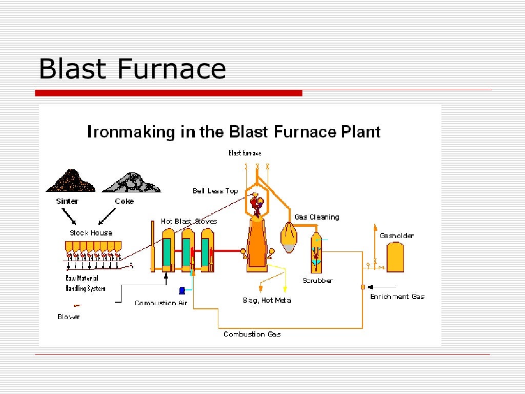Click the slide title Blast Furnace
click(132, 69)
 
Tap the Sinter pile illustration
click(70, 182)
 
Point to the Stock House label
click(91, 233)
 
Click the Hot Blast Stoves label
click(189, 221)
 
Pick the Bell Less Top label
click(215, 191)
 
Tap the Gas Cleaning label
click(316, 217)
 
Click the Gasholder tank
click(395, 257)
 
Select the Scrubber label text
click(317, 281)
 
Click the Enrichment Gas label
click(397, 297)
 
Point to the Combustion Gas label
click(252, 334)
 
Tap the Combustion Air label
click(161, 303)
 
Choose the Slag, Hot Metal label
click(267, 300)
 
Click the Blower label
click(69, 317)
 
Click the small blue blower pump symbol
click(181, 290)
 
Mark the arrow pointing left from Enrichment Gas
click(382, 286)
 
